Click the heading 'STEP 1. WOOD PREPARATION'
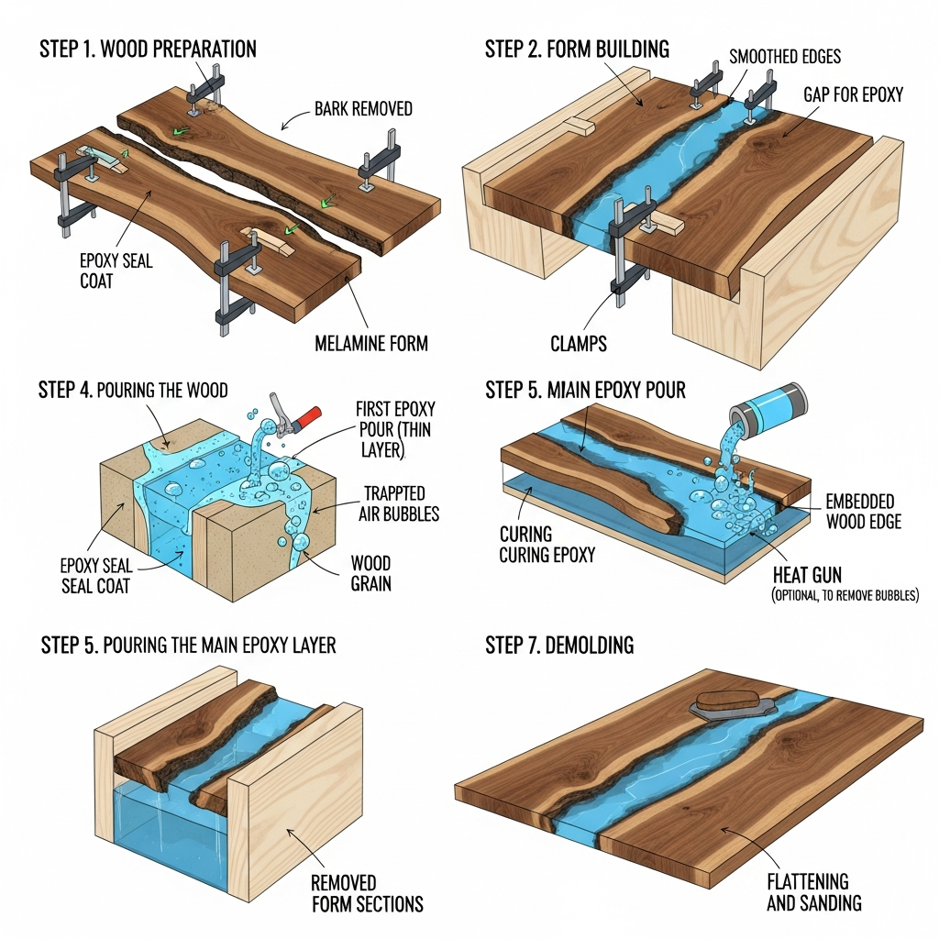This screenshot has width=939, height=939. (148, 49)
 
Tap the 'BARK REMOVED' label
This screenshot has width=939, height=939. (363, 109)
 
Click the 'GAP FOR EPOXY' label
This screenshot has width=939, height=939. (853, 94)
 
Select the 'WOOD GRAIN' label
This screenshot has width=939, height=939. (370, 572)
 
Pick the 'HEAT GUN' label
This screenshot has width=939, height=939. (808, 575)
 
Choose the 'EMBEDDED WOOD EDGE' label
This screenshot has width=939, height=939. (863, 512)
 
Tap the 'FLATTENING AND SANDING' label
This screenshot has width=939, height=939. (814, 891)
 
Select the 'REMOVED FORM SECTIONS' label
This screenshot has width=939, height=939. (367, 893)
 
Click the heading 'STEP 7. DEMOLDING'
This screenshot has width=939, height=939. (559, 645)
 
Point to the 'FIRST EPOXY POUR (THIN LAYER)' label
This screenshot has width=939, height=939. (395, 429)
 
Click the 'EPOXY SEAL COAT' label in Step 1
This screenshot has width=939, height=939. (116, 271)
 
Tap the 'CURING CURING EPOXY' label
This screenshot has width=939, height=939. (547, 544)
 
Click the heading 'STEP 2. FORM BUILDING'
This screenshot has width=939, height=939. (578, 49)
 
